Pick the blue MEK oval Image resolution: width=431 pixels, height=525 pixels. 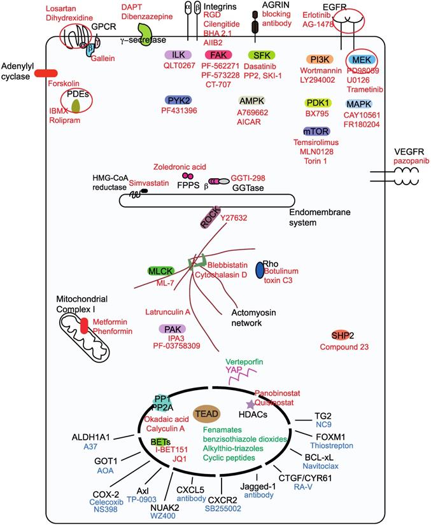click(x=360, y=59)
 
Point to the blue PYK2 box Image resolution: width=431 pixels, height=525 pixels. click(x=179, y=101)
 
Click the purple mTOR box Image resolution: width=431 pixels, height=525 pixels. click(x=316, y=131)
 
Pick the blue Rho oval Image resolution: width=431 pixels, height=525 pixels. click(x=259, y=269)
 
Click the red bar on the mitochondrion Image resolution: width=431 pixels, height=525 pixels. click(x=85, y=326)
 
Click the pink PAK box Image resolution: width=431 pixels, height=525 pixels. click(x=171, y=329)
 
